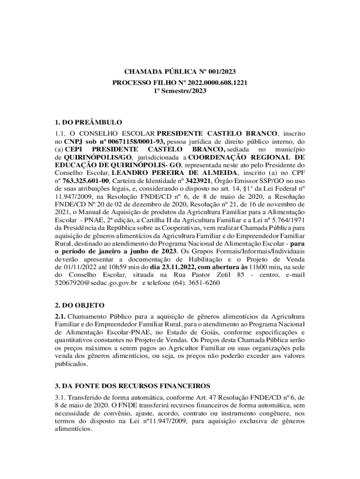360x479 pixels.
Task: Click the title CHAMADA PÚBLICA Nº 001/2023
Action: pos(180,72)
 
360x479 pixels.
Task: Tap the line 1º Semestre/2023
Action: pos(180,91)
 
